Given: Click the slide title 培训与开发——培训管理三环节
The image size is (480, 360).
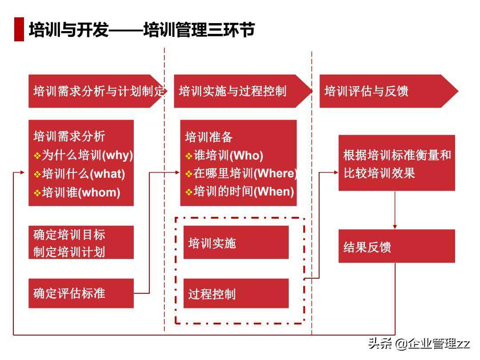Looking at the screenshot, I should point(141,30).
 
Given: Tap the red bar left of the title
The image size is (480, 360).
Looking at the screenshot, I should point(19,30).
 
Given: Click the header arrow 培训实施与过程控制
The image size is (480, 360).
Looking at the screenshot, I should point(240,91).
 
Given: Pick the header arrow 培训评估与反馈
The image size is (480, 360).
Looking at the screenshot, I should point(387,91).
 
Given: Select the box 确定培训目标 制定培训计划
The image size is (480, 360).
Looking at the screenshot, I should point(81,242).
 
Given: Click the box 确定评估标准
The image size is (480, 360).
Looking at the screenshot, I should point(81,293).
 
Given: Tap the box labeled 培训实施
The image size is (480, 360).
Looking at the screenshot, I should point(236,243).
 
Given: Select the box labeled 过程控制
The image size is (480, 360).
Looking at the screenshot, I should point(236,294).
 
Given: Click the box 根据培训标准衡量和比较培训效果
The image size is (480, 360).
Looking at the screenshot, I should point(396,163).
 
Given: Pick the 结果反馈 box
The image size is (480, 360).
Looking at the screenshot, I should point(396,246).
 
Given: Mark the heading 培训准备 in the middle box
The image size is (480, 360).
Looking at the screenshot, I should point(209,137).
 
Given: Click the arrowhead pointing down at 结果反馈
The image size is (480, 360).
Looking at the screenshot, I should point(395,227).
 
